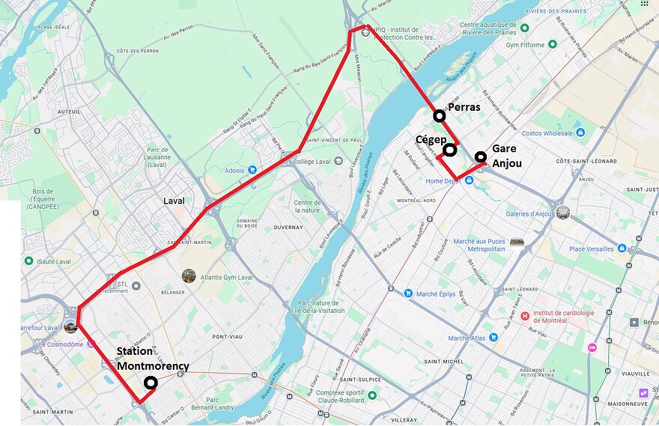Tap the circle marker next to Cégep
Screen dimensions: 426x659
pyautogui.click(x=449, y=150)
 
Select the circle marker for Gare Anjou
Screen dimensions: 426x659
pyautogui.click(x=480, y=156)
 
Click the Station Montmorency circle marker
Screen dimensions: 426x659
pyautogui.click(x=151, y=383)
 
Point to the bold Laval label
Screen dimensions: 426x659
pyautogui.click(x=174, y=201)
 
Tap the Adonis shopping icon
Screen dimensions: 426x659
pyautogui.click(x=252, y=171)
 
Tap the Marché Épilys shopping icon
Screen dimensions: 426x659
pyautogui.click(x=407, y=293)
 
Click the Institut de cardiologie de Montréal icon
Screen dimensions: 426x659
pyautogui.click(x=525, y=316)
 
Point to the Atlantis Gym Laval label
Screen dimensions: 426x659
pyautogui.click(x=228, y=278)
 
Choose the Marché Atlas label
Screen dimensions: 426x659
pyautogui.click(x=468, y=338)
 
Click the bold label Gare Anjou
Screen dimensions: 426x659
pyautogui.click(x=506, y=156)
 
